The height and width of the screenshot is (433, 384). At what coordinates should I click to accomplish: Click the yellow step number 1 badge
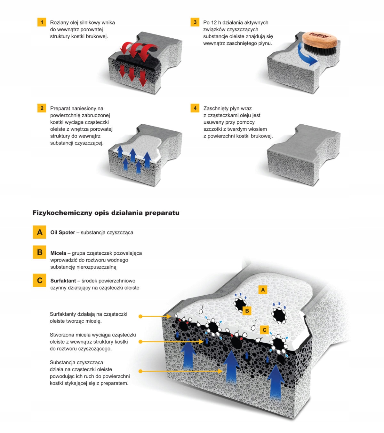pyautogui.click(x=42, y=22)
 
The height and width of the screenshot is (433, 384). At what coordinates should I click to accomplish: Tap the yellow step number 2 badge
pyautogui.click(x=42, y=108)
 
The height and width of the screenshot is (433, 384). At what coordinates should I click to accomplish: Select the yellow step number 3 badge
pyautogui.click(x=195, y=22)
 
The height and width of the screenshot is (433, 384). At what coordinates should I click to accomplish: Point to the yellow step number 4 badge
pyautogui.click(x=195, y=108)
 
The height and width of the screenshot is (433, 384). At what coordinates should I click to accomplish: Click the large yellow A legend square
pyautogui.click(x=40, y=232)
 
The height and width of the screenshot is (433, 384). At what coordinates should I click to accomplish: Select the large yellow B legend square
pyautogui.click(x=40, y=252)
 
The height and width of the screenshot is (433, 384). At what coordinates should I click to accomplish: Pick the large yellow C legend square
pyautogui.click(x=40, y=280)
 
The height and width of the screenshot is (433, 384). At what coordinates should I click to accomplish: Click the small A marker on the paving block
pyautogui.click(x=263, y=290)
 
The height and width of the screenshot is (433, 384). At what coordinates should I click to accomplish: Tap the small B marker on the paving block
pyautogui.click(x=247, y=311)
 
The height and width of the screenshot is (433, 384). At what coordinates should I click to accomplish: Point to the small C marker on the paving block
pyautogui.click(x=264, y=330)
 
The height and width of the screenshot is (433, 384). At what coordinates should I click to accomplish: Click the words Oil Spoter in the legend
pyautogui.click(x=63, y=233)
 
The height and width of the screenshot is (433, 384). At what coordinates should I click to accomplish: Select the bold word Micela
pyautogui.click(x=58, y=253)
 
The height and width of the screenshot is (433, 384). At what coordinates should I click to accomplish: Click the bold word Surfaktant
pyautogui.click(x=63, y=281)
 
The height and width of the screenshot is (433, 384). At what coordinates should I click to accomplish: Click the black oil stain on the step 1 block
pyautogui.click(x=138, y=61)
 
